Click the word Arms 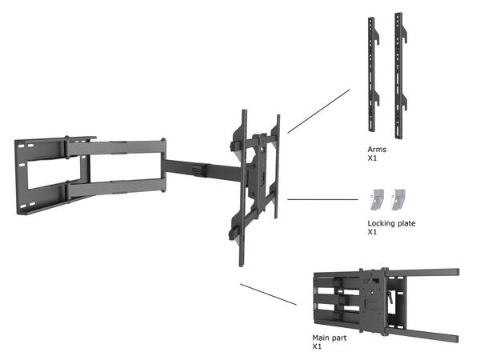pos(377,150)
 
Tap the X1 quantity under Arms pos(372,158)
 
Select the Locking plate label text pos(392,223)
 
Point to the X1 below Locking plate pos(372,232)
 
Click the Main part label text pos(327,338)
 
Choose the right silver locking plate pos(398,198)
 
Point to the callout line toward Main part pos(268,294)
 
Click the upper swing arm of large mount pos(112,148)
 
